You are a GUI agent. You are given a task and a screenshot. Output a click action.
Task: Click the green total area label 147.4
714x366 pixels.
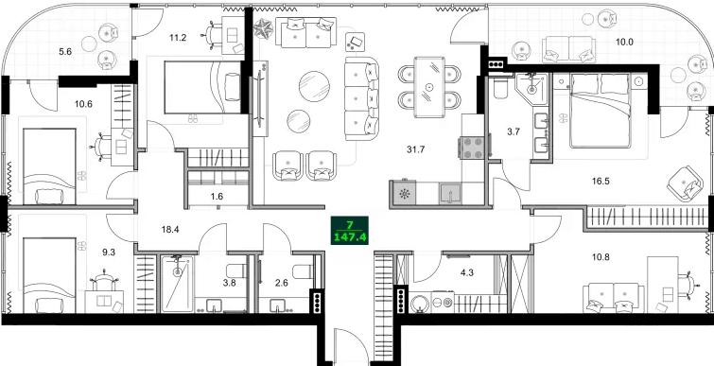click(x=349, y=238)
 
